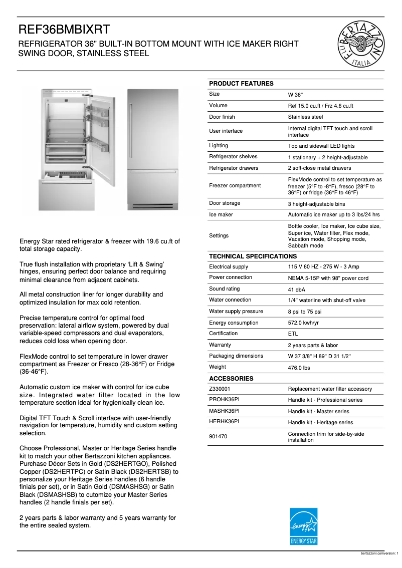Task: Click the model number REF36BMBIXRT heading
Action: [x=64, y=30]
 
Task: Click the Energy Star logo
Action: [x=304, y=526]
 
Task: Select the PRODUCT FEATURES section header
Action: [x=241, y=84]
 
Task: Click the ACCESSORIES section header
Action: [x=231, y=379]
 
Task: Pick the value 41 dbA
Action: [x=297, y=290]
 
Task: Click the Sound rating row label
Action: [x=224, y=289]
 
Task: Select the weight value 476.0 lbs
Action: [x=299, y=367]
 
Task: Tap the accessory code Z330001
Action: [x=220, y=389]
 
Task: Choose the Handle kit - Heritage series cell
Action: [x=320, y=422]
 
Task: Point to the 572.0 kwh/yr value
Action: [x=303, y=323]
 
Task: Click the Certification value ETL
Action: [x=293, y=334]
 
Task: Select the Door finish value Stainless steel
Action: [x=305, y=117]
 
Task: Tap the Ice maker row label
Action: [x=221, y=215]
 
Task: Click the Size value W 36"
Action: [x=295, y=95]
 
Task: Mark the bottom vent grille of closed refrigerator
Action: [x=153, y=206]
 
